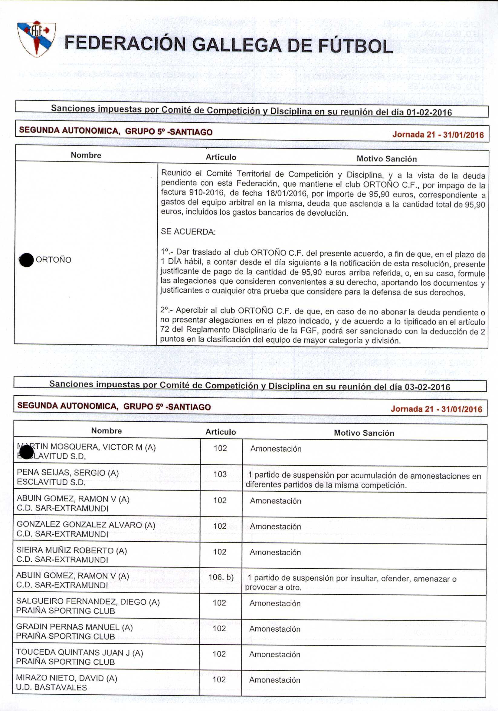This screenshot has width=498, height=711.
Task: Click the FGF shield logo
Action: (x=37, y=39)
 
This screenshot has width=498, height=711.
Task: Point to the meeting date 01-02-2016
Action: (x=429, y=112)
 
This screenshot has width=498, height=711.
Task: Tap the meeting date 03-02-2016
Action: (x=428, y=387)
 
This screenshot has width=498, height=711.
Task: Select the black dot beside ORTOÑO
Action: (x=27, y=260)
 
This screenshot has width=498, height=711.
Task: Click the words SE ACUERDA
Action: (x=188, y=232)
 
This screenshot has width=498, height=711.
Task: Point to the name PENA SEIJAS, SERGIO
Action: (x=68, y=473)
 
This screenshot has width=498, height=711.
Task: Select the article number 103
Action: (x=220, y=474)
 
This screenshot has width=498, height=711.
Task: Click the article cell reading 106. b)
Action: (x=221, y=577)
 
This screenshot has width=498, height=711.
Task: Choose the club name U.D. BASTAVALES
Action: (x=51, y=687)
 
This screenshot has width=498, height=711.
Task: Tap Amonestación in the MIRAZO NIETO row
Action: (x=275, y=680)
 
